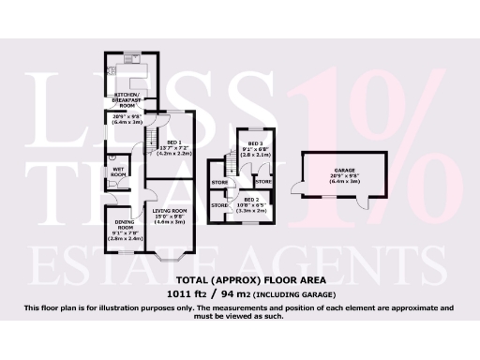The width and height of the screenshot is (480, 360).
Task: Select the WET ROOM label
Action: pos(118,172)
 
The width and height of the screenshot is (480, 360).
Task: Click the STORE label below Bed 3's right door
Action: pos(262,180)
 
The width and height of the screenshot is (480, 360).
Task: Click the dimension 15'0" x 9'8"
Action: pos(170,216)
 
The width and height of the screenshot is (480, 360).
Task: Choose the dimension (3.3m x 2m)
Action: pos(249,211)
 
